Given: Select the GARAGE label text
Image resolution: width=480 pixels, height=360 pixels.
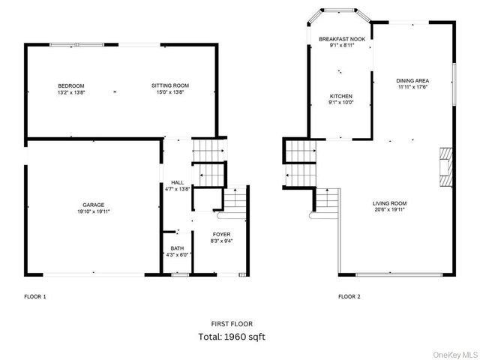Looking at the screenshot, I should click(x=93, y=205).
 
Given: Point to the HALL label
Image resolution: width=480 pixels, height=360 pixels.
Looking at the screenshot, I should click(x=177, y=182).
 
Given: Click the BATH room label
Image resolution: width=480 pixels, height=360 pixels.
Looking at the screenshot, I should click(x=177, y=248).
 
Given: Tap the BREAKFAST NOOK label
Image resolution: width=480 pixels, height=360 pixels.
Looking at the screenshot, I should click(x=341, y=38).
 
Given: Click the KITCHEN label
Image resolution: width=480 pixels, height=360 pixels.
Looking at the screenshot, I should click(x=341, y=96).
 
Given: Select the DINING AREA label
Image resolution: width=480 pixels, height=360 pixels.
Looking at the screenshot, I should click(x=412, y=80).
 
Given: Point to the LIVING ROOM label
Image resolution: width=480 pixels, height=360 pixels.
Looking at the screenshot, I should click(x=389, y=203).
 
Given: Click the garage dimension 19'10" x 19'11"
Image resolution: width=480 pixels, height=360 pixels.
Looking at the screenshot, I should click(x=93, y=211).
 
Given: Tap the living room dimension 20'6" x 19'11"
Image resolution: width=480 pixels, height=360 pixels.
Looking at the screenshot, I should click(x=389, y=210).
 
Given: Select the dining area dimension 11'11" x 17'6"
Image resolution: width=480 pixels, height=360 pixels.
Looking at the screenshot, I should click(x=412, y=87).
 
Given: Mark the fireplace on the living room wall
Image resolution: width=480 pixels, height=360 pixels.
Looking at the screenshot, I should click(x=445, y=165).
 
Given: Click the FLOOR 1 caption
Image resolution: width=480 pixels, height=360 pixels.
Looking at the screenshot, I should click(x=35, y=297).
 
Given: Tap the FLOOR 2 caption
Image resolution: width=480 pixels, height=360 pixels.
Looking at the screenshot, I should click(x=349, y=297).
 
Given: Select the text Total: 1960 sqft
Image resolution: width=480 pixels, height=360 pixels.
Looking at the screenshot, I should click(x=232, y=337).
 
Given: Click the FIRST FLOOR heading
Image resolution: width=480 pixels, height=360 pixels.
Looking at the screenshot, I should click(x=232, y=323).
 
